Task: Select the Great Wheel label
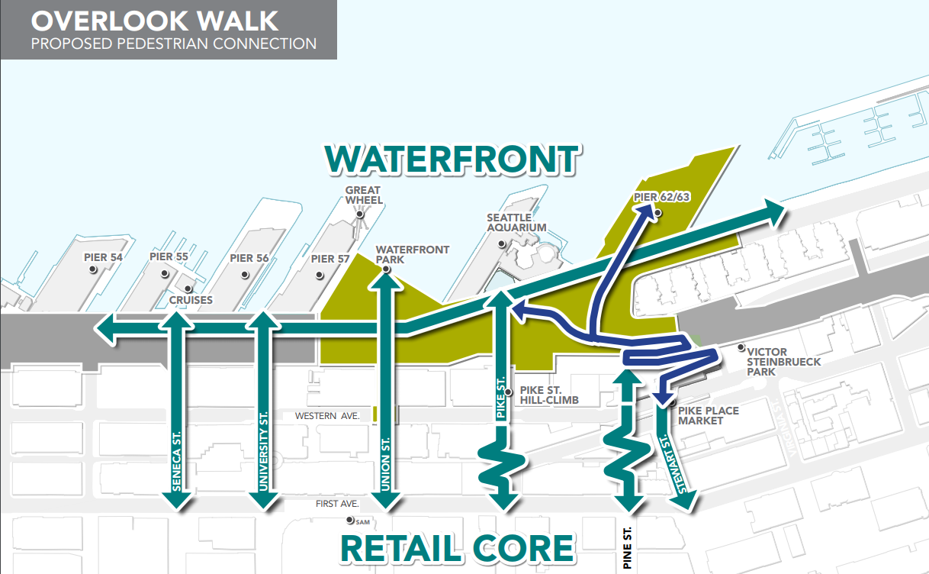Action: [x=363, y=195]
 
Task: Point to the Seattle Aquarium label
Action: [x=516, y=222]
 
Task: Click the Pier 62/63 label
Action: [x=661, y=198]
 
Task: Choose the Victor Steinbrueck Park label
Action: [x=784, y=361]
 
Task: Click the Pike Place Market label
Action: [x=708, y=415]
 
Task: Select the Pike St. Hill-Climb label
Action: [x=548, y=395]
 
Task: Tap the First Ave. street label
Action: [x=337, y=504]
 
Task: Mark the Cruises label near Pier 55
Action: [x=191, y=300]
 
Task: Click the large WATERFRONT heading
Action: [x=452, y=159]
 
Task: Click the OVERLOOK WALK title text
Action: [x=155, y=20]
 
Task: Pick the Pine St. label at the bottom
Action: [x=628, y=547]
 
